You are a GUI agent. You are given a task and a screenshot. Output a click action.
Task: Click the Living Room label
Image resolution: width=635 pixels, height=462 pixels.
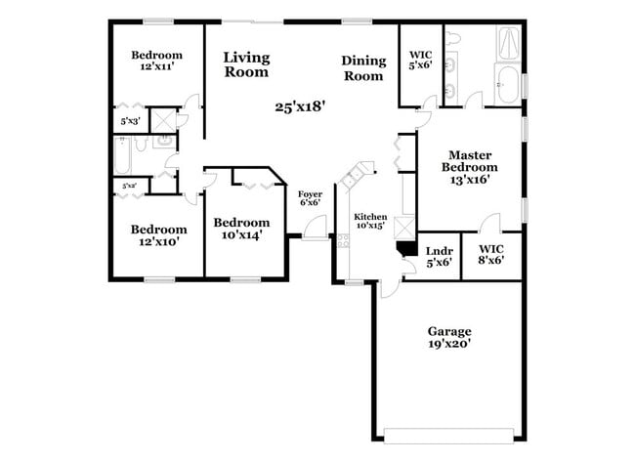click(246, 64)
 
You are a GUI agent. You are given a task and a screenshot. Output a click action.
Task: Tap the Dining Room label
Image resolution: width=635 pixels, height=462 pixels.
click(362, 67)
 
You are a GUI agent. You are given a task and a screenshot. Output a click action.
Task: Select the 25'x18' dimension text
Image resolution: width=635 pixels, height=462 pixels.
click(300, 105)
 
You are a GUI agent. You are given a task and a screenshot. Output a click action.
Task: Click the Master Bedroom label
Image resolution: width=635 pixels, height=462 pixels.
click(469, 167)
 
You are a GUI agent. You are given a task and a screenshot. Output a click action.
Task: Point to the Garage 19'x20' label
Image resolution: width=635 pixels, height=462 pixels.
click(448, 337)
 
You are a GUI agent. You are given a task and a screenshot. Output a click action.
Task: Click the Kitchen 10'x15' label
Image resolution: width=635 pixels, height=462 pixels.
click(370, 221)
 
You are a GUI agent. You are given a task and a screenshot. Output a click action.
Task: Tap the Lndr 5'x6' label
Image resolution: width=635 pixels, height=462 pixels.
click(439, 256)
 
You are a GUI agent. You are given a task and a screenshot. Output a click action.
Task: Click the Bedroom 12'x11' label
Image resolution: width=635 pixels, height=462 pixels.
click(156, 61)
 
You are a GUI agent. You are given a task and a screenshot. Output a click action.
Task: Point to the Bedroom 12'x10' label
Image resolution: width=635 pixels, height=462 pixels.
click(156, 234)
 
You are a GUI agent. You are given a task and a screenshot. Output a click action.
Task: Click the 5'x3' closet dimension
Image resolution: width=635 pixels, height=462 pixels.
click(129, 121)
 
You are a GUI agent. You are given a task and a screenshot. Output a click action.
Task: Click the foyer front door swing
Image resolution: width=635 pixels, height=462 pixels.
click(316, 230)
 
